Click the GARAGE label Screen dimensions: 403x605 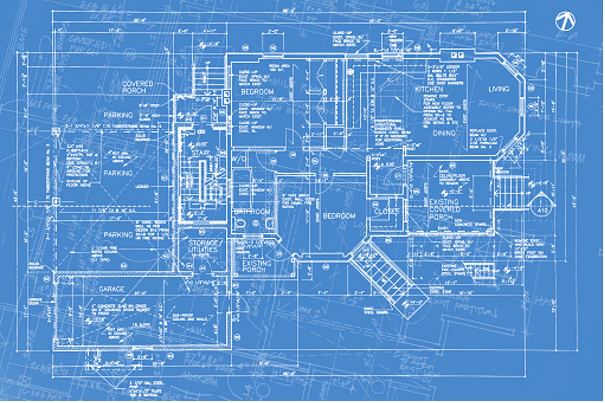pyautogui.click(x=112, y=290)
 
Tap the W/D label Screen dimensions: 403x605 pyautogui.click(x=239, y=160)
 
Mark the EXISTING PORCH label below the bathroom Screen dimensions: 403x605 pyautogui.click(x=257, y=267)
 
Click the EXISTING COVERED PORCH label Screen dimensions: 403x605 pyautogui.click(x=445, y=210)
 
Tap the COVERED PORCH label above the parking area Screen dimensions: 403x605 pyautogui.click(x=137, y=87)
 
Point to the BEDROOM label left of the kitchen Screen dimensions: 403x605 pyautogui.click(x=257, y=92)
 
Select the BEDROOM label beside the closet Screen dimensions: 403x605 pyautogui.click(x=339, y=216)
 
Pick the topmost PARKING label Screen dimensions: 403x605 pyautogui.click(x=118, y=115)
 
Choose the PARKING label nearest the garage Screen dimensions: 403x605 pyautogui.click(x=118, y=235)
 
